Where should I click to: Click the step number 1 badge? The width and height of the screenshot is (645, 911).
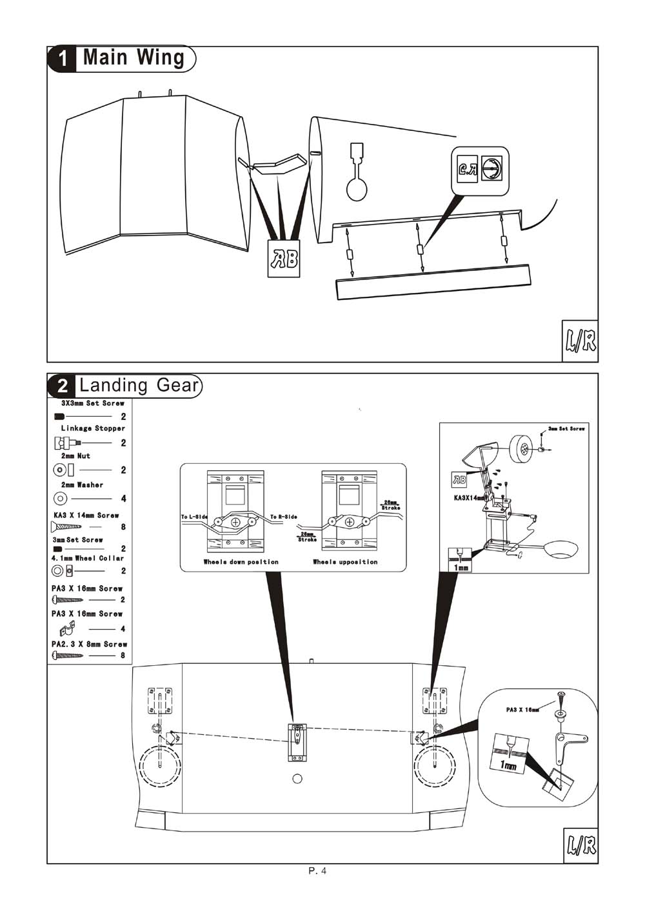[63, 59]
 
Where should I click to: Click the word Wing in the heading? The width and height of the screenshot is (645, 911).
[161, 57]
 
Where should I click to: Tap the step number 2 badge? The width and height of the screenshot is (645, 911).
[63, 386]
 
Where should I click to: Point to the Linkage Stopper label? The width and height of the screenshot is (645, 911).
[93, 428]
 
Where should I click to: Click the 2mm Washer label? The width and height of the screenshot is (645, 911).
[82, 485]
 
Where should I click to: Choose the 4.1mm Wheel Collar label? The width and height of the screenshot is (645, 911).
[87, 558]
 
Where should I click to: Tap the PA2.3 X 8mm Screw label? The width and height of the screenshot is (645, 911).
[89, 644]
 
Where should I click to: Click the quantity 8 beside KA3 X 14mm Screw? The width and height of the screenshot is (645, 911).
[123, 527]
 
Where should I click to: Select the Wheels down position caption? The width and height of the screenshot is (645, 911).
[241, 562]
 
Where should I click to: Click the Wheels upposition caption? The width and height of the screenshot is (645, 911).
[345, 562]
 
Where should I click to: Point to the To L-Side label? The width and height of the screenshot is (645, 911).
[194, 517]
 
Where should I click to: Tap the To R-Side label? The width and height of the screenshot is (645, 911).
[283, 517]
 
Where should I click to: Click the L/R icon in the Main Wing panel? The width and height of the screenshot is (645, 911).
[580, 340]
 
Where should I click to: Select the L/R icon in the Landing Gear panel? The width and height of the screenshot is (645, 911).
[580, 845]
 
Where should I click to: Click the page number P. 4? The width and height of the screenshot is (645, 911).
[318, 871]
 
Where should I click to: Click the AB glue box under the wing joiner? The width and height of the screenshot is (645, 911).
[284, 259]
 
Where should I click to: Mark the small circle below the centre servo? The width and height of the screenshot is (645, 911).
[297, 778]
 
